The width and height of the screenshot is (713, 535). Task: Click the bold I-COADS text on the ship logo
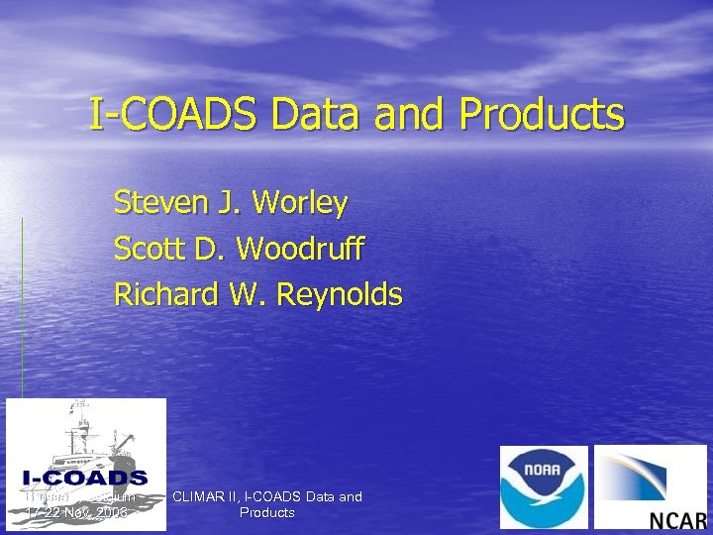point(85,479)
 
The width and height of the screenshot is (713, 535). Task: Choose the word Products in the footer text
point(267,512)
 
